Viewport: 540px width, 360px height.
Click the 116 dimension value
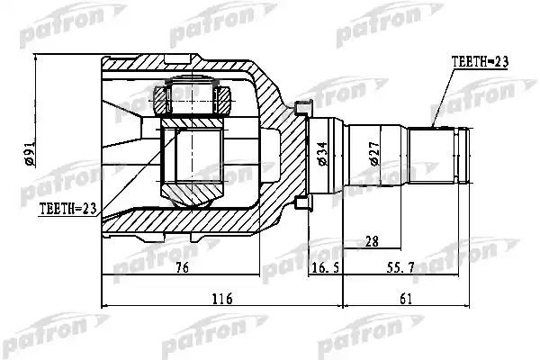click(221, 299)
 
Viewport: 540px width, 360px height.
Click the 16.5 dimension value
click(324, 265)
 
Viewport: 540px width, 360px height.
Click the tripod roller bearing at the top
click(191, 97)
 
